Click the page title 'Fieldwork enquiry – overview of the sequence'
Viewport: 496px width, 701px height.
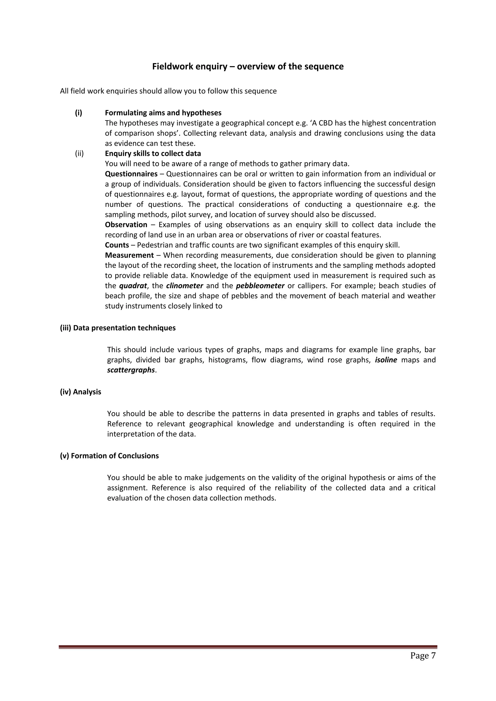click(248, 67)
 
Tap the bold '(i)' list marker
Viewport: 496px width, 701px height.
click(78, 113)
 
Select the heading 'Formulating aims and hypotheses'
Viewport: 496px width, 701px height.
click(163, 113)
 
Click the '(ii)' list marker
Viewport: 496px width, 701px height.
click(79, 153)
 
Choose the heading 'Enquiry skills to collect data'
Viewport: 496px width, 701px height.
click(153, 153)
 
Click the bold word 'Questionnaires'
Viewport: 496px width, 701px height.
click(131, 174)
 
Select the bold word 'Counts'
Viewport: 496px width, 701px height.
click(117, 245)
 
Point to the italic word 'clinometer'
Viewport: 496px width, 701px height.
click(185, 286)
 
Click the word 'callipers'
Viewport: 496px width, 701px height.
click(311, 286)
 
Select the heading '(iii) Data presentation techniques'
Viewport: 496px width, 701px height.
click(118, 328)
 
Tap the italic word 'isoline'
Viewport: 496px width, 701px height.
click(386, 360)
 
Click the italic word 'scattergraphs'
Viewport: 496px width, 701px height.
click(131, 370)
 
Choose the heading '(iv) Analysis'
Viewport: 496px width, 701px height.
click(80, 392)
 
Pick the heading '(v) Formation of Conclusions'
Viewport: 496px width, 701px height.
click(109, 456)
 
